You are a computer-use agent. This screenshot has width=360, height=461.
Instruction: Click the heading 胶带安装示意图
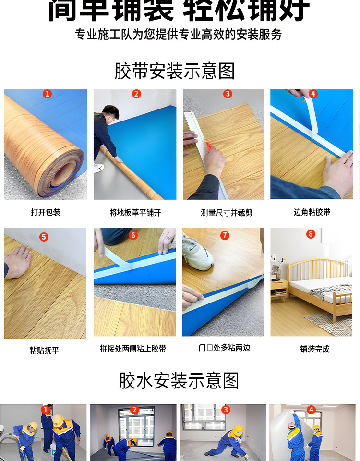(x=175, y=72)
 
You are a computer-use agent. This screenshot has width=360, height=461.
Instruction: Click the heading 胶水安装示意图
(x=179, y=381)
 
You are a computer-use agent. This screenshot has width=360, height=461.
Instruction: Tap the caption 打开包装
(x=46, y=212)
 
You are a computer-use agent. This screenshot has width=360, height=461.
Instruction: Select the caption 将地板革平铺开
(x=135, y=212)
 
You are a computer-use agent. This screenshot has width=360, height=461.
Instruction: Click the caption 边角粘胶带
(x=312, y=212)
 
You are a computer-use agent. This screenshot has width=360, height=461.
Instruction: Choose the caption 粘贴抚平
(x=44, y=350)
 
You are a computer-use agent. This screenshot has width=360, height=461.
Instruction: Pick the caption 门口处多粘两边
(x=224, y=347)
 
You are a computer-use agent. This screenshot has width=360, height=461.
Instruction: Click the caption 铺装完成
(x=315, y=349)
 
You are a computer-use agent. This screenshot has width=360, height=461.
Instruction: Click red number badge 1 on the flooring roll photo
(x=47, y=94)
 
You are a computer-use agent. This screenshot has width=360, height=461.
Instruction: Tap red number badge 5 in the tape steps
(x=44, y=237)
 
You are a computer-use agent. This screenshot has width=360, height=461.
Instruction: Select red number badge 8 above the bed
(x=311, y=234)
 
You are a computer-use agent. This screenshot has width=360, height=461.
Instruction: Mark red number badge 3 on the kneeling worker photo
(x=226, y=410)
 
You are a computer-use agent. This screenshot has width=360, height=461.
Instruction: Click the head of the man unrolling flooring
(x=111, y=114)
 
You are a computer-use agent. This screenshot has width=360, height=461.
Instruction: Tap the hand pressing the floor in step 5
(x=18, y=262)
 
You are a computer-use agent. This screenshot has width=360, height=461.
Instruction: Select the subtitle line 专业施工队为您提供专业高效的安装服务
(x=178, y=35)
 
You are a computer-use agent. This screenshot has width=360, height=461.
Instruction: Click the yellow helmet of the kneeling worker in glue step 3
(x=238, y=428)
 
